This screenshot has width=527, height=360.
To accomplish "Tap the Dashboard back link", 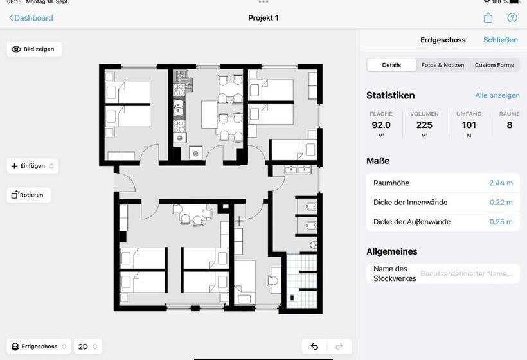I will click(31, 18).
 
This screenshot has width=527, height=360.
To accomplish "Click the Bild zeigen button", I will click(34, 49).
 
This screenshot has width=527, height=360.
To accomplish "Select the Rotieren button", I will click(29, 195).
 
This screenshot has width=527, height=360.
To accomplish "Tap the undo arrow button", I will click(314, 346).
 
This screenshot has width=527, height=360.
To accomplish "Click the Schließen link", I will click(500, 40).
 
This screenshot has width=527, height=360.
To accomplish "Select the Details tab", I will click(391, 65).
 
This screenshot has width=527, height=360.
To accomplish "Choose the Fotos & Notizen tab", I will click(442, 65).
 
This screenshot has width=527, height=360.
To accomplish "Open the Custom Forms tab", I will click(494, 65).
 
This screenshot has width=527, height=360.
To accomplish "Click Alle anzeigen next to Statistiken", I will click(497, 95).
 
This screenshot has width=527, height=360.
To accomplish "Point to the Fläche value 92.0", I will click(381, 125).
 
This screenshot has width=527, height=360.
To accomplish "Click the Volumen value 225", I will click(424, 125).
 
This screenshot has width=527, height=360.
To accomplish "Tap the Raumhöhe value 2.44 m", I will click(501, 183).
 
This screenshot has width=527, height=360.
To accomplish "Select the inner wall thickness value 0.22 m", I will click(501, 203).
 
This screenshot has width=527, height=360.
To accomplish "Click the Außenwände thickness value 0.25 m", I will click(501, 222).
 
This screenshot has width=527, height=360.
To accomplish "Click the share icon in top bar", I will click(488, 18).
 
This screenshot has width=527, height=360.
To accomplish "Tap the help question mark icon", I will click(512, 18).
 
